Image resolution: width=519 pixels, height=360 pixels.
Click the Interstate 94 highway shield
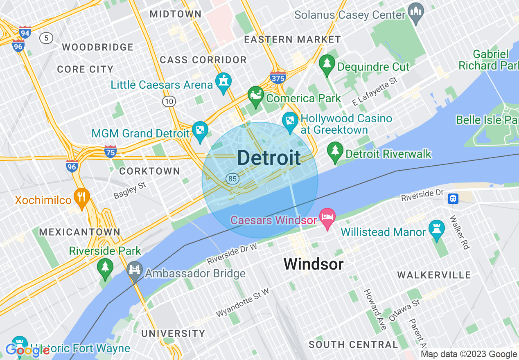pos(25,32)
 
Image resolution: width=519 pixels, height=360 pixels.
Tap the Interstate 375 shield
pos(278,77)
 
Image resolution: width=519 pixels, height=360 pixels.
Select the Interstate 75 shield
pos(110,151)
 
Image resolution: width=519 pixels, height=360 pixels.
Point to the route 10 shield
pos(169,101)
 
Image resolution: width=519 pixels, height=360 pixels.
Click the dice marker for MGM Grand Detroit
pos(200,130)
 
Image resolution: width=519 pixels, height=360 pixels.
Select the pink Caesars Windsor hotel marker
pos(327,216)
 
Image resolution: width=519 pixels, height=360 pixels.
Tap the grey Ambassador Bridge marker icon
pos(134,270)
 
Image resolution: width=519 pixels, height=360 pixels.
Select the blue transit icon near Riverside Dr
pos(453,199)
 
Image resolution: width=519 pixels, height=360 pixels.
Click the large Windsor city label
pos(313,264)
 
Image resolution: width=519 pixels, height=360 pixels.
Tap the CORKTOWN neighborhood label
pos(149,171)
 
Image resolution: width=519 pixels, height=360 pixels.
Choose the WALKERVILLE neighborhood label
pos(434,275)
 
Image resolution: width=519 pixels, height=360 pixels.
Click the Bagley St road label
pos(130,191)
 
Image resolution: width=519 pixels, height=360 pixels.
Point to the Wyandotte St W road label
pos(242,302)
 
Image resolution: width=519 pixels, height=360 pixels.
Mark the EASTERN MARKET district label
pos(292,39)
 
